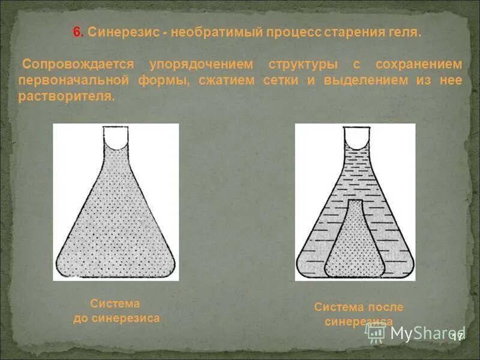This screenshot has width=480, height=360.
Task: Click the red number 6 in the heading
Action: click(77, 33)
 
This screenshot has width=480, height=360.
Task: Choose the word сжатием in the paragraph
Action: click(223, 80)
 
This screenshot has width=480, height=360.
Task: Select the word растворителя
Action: click(66, 97)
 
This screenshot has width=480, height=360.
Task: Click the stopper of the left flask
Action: click(116, 137)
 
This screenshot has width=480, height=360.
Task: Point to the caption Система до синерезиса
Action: click(116, 311)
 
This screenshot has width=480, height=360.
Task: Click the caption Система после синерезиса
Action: click(358, 314)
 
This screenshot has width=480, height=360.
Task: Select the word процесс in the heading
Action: click(293, 33)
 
